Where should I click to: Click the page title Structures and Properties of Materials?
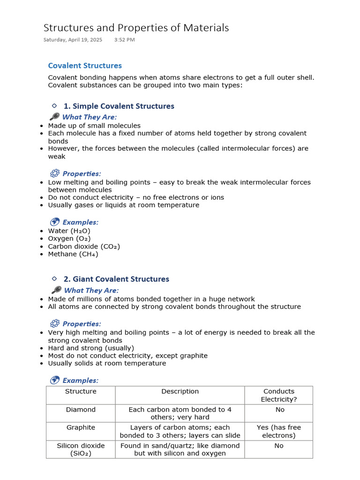tap(136, 28)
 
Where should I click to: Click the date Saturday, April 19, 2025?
tap(73, 40)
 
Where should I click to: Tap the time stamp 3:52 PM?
tap(124, 40)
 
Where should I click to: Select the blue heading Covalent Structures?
tap(85, 66)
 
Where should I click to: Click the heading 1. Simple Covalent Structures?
tap(119, 106)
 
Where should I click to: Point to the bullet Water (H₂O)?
tap(69, 231)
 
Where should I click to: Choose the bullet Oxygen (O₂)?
tap(70, 239)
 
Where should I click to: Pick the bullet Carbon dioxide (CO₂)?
tap(84, 247)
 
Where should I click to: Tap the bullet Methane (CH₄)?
tap(73, 254)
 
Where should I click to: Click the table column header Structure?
tap(81, 391)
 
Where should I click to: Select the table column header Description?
tap(180, 391)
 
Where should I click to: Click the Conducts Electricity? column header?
tap(279, 395)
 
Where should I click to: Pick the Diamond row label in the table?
tap(81, 410)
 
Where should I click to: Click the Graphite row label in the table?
tap(81, 427)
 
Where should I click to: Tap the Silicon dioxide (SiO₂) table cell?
tap(81, 449)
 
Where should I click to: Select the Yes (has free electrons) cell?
tap(279, 431)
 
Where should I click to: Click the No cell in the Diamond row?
tap(279, 410)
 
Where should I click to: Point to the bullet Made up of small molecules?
tap(94, 126)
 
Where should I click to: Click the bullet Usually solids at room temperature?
tap(107, 363)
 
